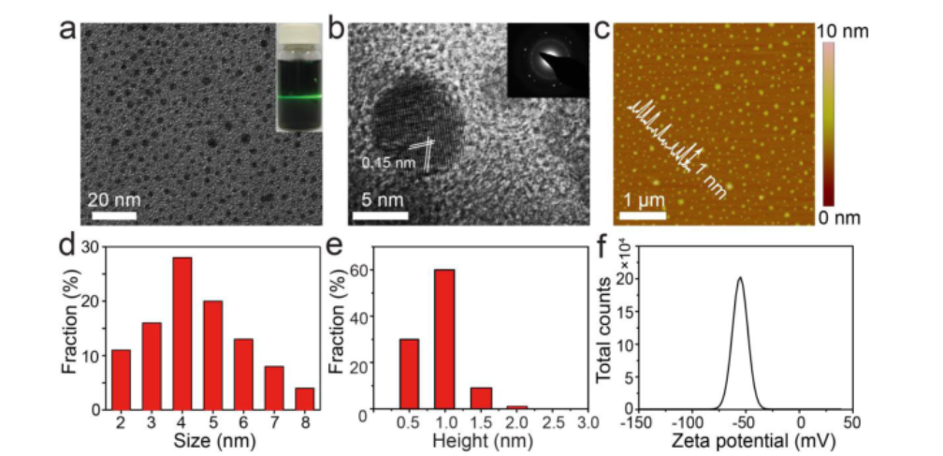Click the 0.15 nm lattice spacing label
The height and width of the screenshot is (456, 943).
pos(387,162)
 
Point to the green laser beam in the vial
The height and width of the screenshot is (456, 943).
pos(299,96)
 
